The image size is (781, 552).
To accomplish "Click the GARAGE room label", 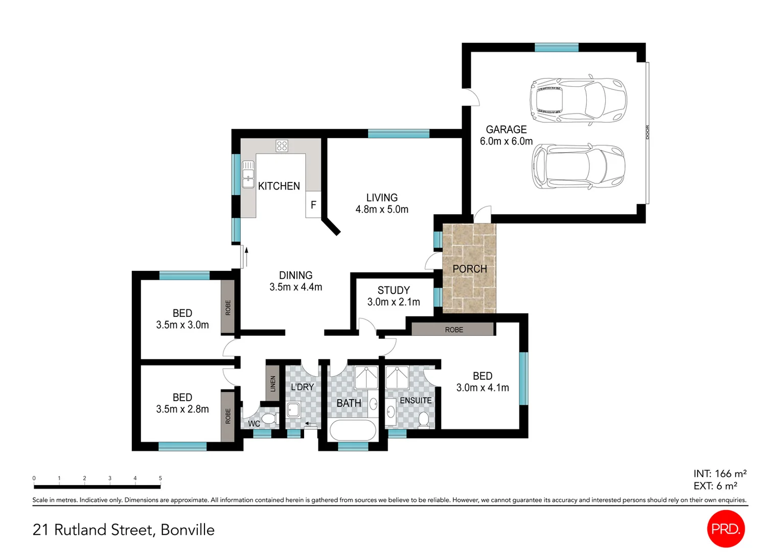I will (506, 130).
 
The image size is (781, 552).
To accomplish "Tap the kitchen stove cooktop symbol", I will (282, 146).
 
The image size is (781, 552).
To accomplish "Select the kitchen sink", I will (248, 174).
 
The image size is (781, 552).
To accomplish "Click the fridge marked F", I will (313, 204).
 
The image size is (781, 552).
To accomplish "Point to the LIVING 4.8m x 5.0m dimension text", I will (382, 209).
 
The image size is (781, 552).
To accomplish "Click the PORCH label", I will (469, 269).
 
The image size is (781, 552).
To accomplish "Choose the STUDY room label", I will (394, 290).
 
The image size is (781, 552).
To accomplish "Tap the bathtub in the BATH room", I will (353, 430).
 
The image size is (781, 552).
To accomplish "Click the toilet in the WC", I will (269, 419).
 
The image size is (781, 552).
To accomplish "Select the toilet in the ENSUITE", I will (423, 420).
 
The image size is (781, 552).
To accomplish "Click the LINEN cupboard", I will (273, 383).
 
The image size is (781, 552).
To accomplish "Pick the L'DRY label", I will (302, 387).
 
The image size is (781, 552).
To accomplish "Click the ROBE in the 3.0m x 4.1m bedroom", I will (453, 330).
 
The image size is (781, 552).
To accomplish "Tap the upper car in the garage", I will (578, 100).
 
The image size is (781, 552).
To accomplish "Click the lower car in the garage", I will (578, 167).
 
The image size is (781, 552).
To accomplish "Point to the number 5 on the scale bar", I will (160, 478).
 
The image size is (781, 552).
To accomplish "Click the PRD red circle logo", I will (725, 529).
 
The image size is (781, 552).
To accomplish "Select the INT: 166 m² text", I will (720, 474).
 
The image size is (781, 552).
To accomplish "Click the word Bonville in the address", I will (188, 530).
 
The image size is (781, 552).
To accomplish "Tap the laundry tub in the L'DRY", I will (293, 410).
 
